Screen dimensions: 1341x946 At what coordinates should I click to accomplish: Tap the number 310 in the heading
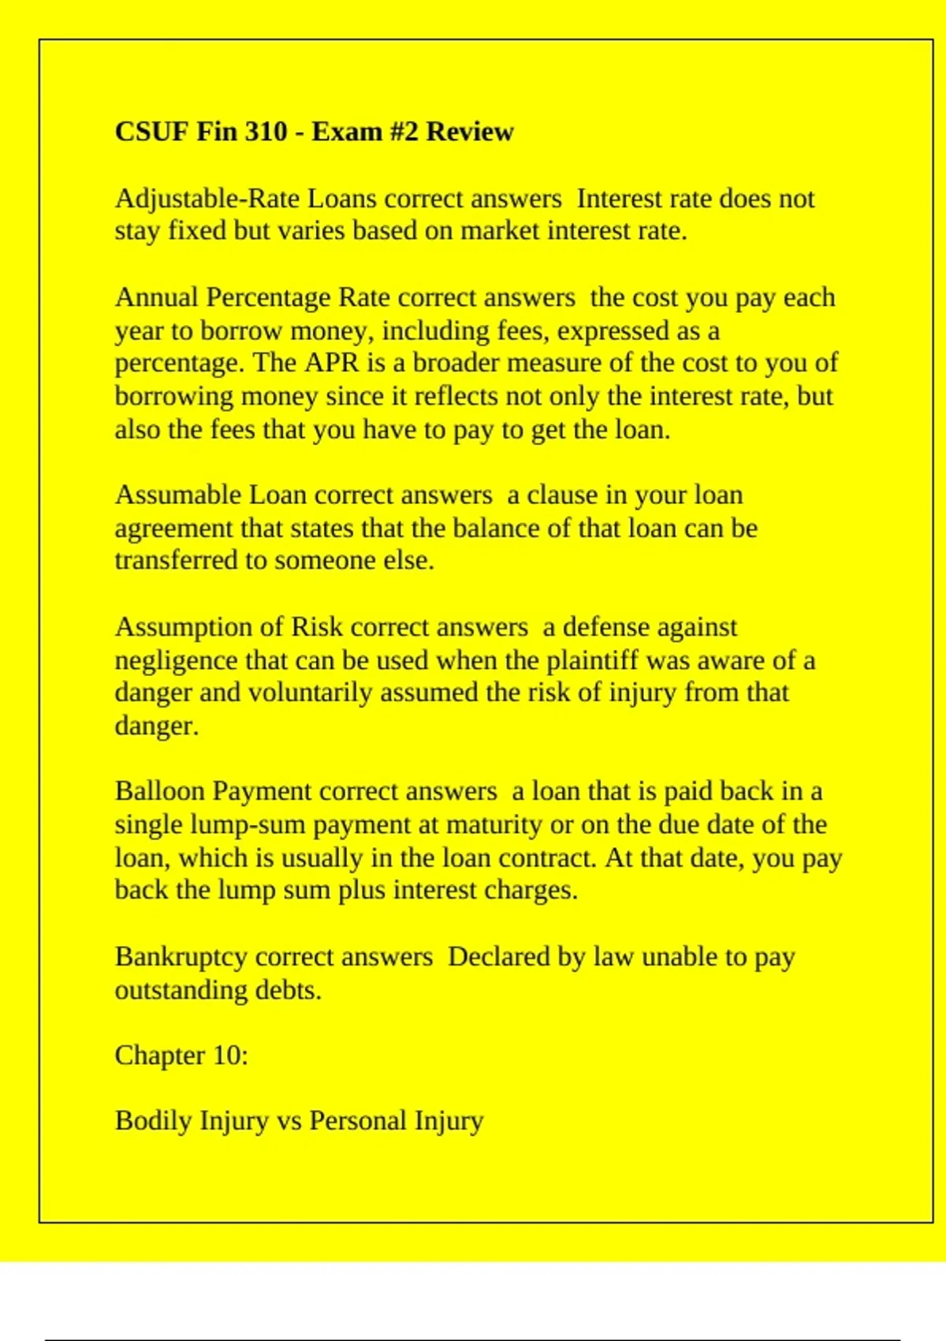click(x=266, y=131)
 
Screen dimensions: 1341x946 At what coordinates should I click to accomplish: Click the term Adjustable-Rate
click(x=207, y=199)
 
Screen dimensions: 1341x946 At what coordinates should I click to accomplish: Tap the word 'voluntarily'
click(x=310, y=693)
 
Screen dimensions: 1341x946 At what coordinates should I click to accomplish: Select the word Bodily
click(x=153, y=1121)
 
